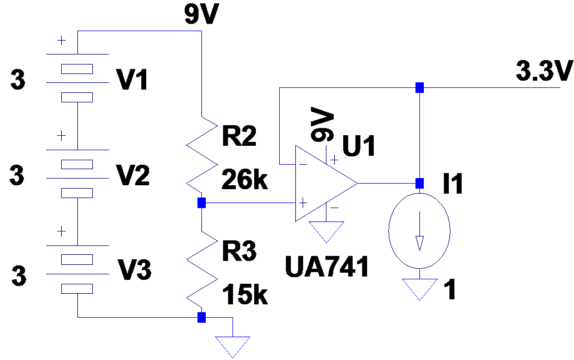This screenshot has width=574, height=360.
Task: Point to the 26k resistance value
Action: pos(245,181)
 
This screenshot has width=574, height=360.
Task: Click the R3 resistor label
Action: pos(239,251)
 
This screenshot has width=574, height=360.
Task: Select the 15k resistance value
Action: pos(245,295)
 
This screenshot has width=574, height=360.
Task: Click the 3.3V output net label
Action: pos(544,72)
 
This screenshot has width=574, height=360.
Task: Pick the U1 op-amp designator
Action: pos(359,146)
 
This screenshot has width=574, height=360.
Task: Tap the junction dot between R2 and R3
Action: pos(202,203)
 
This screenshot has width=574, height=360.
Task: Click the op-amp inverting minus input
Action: pos(302,165)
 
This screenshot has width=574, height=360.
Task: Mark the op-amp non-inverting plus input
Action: pos(302,203)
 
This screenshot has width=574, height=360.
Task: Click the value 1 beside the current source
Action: pos(451,290)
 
